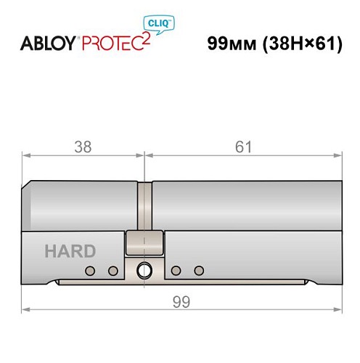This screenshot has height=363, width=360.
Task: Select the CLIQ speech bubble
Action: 166,23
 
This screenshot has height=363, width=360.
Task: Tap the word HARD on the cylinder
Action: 70,252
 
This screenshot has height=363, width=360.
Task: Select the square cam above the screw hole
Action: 145,242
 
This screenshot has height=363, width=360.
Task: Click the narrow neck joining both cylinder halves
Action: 146,207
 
